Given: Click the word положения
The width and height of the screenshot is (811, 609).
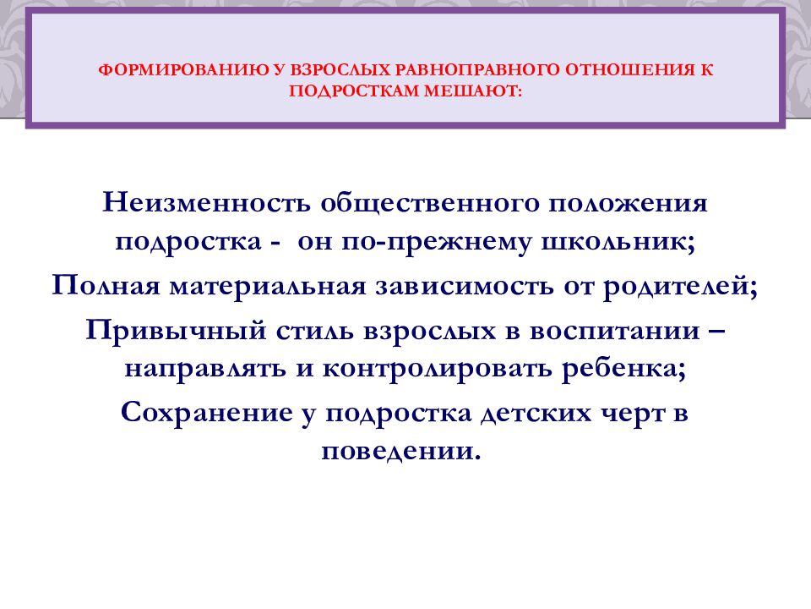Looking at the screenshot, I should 629,204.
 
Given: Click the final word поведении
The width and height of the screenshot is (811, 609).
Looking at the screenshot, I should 400,451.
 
